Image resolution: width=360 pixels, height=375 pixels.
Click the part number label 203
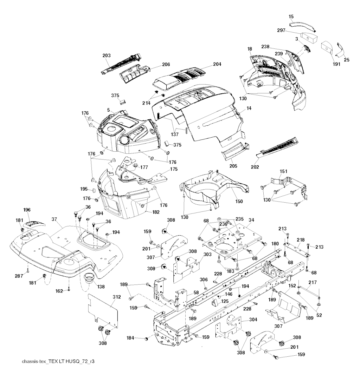pos(107,55)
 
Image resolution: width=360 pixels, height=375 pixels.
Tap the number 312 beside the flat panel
pos(117,297)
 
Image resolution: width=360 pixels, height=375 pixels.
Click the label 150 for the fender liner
pos(239,202)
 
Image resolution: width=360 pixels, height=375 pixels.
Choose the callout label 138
pos(101,287)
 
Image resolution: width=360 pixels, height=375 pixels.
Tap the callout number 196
pos(27,210)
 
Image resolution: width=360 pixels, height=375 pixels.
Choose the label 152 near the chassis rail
pos(292,286)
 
